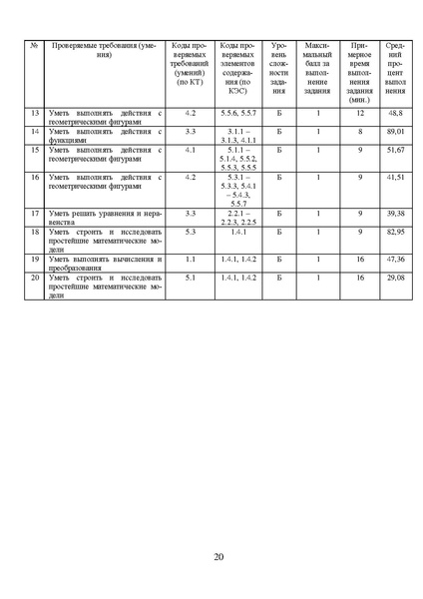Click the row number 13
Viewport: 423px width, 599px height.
point(35,115)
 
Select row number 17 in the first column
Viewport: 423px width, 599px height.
point(35,214)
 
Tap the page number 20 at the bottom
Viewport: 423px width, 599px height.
point(218,556)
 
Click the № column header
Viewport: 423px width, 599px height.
point(35,47)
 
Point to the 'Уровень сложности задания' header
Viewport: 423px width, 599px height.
point(279,68)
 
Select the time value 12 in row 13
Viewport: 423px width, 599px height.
point(359,115)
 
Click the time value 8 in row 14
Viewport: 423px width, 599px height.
point(359,132)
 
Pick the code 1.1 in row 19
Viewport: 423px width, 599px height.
point(190,258)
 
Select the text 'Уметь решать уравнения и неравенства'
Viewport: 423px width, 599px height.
point(96,218)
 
